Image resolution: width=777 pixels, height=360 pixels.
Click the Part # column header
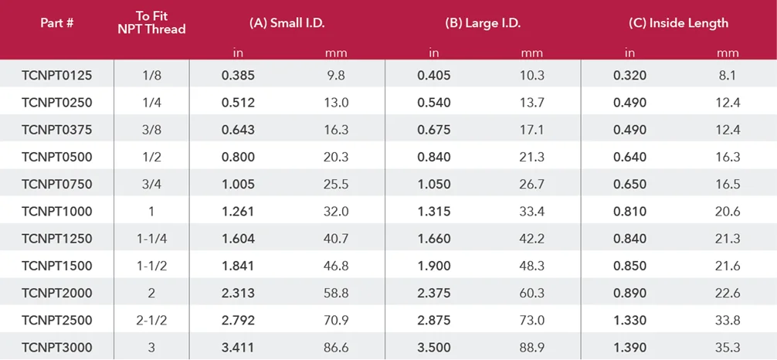(57, 23)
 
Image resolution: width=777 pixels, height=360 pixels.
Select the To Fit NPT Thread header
(151, 23)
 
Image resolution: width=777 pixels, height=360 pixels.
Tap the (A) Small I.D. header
(287, 23)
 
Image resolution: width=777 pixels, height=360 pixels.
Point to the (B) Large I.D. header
(483, 23)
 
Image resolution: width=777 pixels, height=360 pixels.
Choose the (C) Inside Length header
(679, 23)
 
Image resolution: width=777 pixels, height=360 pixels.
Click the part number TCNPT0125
(57, 76)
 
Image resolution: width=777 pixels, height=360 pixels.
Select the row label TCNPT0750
(57, 185)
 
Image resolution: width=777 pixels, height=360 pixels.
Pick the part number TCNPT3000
(57, 348)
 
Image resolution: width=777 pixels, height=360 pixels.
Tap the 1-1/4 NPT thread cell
(151, 239)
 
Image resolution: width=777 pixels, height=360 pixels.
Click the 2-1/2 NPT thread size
(151, 321)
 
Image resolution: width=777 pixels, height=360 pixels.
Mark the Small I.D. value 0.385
(238, 76)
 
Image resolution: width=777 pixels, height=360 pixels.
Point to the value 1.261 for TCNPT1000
(238, 212)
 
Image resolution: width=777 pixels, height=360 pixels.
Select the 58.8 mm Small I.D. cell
(336, 294)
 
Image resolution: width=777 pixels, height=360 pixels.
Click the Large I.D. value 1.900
(434, 267)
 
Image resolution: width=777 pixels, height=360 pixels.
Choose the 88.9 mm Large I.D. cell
(532, 348)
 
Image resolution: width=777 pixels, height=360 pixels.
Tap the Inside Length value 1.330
(630, 321)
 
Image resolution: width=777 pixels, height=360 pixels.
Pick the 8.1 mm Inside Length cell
(728, 76)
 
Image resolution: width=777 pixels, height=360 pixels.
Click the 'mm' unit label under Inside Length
(728, 53)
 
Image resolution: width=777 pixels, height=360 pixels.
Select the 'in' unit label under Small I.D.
(238, 53)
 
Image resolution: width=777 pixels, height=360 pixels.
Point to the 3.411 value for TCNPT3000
(238, 348)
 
